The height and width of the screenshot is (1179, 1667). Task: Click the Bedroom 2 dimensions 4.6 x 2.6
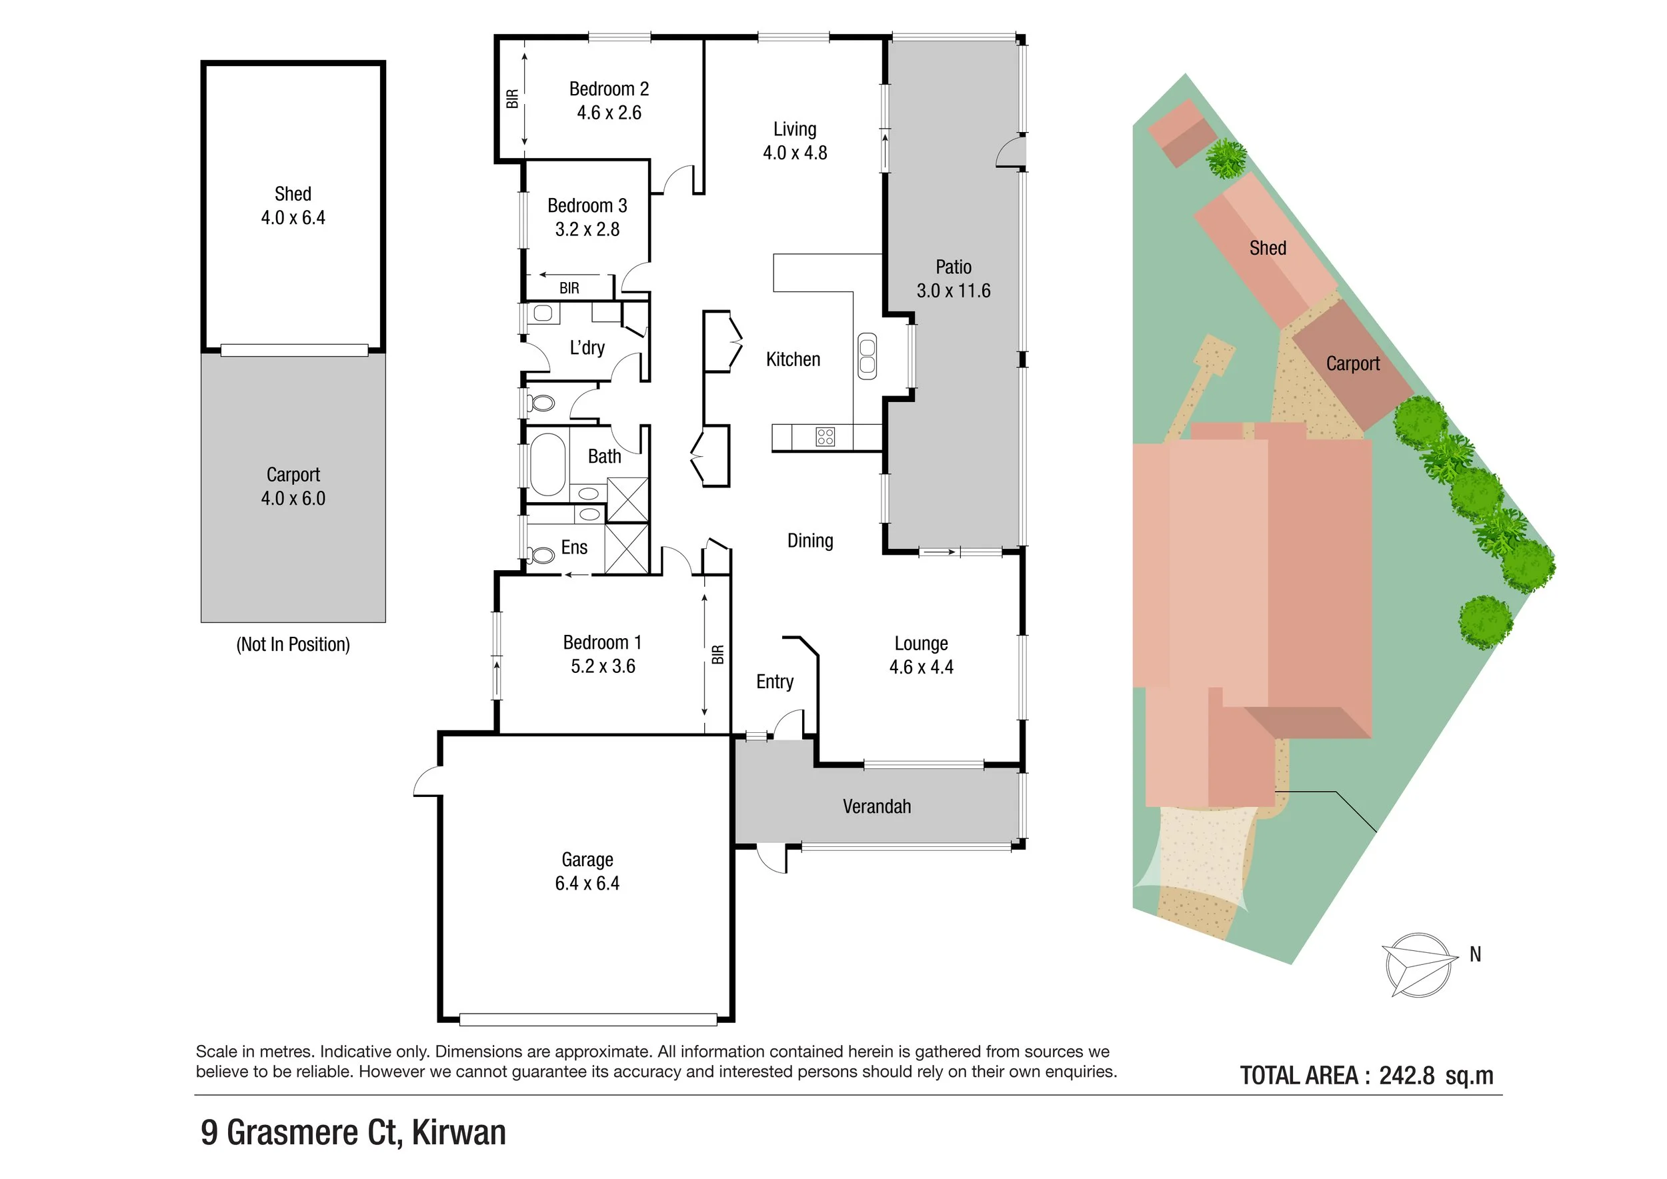click(608, 113)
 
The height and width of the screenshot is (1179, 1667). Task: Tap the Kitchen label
click(793, 359)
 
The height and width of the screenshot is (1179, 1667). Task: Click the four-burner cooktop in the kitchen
click(825, 436)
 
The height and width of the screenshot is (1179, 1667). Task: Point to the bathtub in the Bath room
click(547, 464)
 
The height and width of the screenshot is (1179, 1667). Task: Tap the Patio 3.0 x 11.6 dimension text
click(953, 290)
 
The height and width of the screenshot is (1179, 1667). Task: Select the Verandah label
click(876, 807)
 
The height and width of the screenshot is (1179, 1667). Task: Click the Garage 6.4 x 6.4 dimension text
click(587, 884)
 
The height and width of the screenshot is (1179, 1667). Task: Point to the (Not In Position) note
click(293, 645)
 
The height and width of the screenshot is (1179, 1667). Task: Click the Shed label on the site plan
click(1267, 248)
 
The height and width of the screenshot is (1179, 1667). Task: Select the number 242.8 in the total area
click(1406, 1075)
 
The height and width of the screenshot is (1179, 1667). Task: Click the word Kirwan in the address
click(458, 1133)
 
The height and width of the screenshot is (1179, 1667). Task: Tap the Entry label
click(775, 682)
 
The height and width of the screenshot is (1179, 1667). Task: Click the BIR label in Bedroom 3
click(569, 288)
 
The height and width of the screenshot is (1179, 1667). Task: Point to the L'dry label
click(587, 347)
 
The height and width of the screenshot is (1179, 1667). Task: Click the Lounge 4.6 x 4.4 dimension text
click(921, 667)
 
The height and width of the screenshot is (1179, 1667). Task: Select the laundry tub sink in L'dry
click(542, 313)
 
